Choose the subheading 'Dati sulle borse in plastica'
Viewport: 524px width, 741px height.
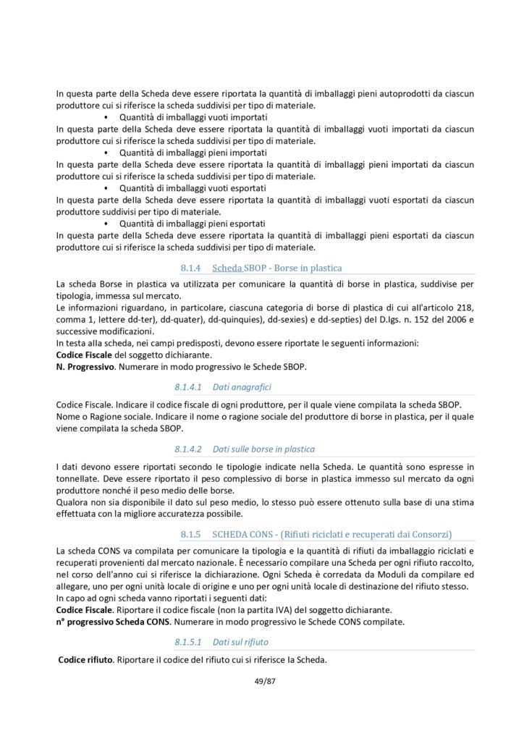[x=264, y=449]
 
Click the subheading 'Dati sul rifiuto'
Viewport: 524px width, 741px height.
[x=242, y=642]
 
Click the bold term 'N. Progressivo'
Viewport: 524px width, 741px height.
[x=86, y=367]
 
